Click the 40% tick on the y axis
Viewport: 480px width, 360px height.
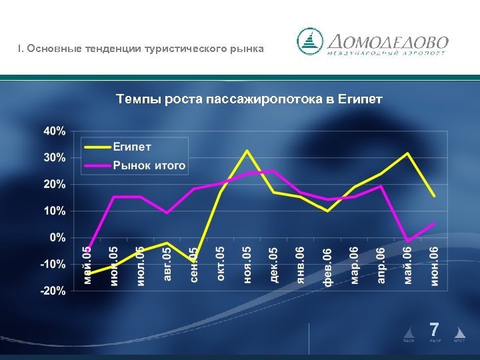coord(55,131)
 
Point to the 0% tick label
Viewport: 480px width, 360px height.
coord(58,237)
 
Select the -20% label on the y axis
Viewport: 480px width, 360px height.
coord(54,291)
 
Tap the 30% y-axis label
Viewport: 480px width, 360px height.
coord(55,158)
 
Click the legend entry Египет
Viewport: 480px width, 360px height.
coord(132,147)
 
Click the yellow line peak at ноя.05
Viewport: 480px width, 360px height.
coord(247,151)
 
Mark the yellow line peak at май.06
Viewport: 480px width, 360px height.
coord(407,153)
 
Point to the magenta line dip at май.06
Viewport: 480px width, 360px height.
coord(407,241)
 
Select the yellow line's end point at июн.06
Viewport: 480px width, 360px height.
coord(434,196)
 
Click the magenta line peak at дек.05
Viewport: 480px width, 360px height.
coord(274,171)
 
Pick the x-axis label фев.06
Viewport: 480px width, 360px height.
coord(327,266)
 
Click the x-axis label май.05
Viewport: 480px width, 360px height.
coord(87,264)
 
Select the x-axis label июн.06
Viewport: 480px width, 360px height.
coord(434,266)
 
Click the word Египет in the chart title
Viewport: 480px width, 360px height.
coord(360,99)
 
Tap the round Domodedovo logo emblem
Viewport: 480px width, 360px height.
coord(310,41)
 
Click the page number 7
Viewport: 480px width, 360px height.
coord(434,329)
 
